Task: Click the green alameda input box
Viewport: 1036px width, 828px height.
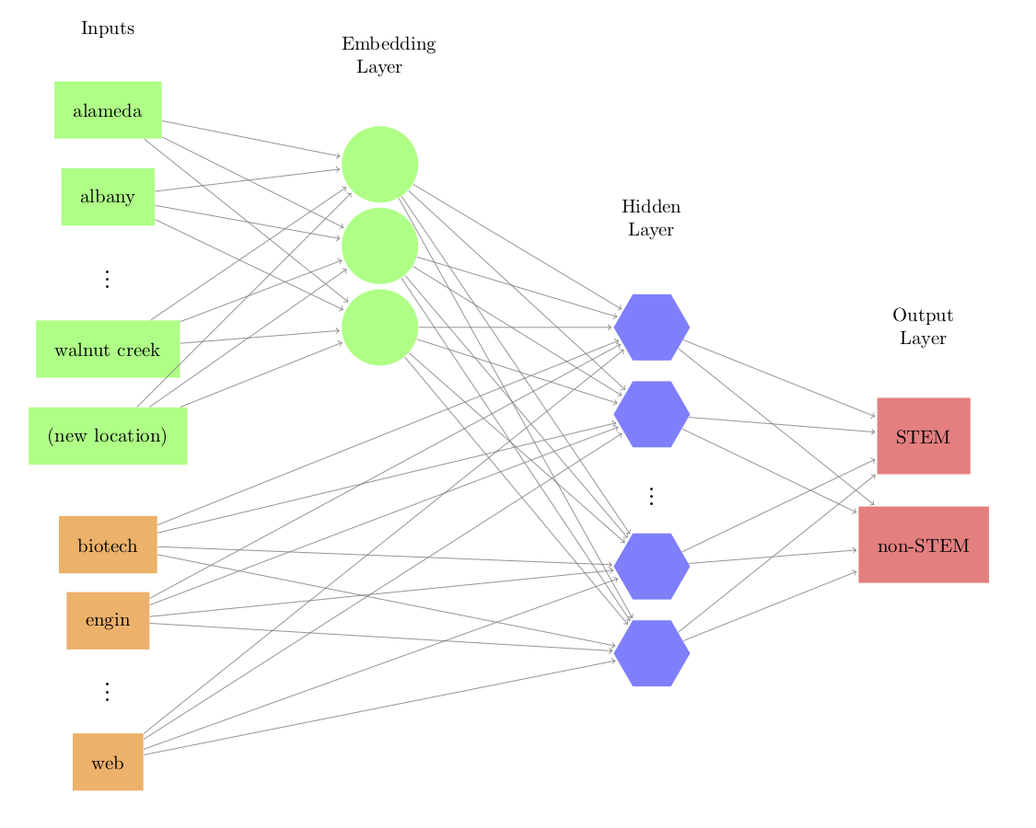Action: [x=108, y=110]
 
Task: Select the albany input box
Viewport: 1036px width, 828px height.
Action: [x=108, y=196]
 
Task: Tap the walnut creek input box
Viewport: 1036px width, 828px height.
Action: [x=108, y=350]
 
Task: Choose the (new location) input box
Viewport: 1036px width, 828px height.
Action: [x=108, y=435]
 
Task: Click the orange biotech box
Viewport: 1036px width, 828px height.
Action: [x=108, y=545]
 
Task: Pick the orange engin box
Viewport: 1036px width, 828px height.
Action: [x=108, y=620]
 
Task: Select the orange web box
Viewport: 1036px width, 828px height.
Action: [x=108, y=762]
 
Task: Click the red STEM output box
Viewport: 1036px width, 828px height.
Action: [x=923, y=436]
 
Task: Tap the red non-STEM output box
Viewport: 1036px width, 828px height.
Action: [x=923, y=545]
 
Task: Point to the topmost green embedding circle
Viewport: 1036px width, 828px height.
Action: [x=379, y=164]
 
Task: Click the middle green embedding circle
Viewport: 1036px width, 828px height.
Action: [x=379, y=246]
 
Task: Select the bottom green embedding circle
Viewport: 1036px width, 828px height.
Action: [x=379, y=328]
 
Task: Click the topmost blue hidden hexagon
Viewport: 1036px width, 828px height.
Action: [x=651, y=328]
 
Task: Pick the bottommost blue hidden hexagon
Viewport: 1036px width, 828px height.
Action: [x=651, y=653]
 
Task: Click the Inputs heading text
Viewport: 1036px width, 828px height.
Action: [x=108, y=29]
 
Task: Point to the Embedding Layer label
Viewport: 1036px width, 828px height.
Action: [x=387, y=55]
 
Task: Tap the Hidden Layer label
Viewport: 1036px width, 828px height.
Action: [x=651, y=218]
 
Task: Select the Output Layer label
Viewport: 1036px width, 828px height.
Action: [x=923, y=327]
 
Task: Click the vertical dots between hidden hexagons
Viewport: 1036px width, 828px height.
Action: [x=651, y=497]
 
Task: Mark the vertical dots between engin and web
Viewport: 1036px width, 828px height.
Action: [x=108, y=692]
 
